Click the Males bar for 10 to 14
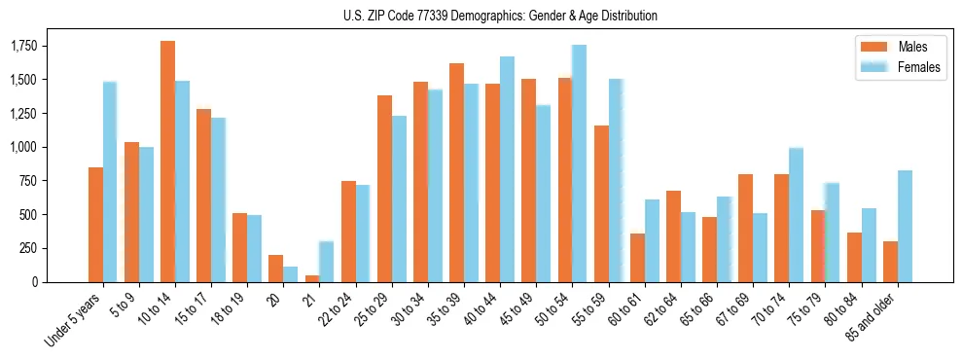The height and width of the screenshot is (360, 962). pyautogui.click(x=167, y=162)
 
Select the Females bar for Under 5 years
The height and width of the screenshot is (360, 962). pyautogui.click(x=110, y=182)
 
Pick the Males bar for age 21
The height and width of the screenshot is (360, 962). pyautogui.click(x=312, y=278)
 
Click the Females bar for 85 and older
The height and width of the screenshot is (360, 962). pyautogui.click(x=905, y=226)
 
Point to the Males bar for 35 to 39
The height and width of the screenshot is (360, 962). pyautogui.click(x=456, y=172)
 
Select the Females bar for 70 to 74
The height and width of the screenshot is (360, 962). pyautogui.click(x=797, y=215)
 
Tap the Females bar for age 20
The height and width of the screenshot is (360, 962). pyautogui.click(x=291, y=274)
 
